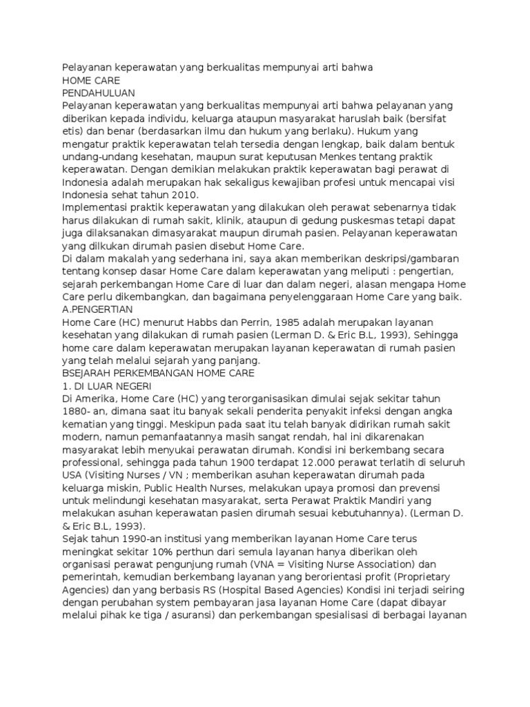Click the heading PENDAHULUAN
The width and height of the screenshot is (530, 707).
click(98, 93)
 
